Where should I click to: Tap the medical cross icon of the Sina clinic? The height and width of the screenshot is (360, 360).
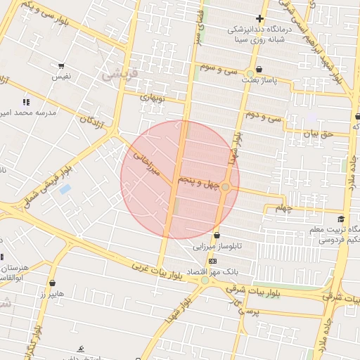pyautogui.click(x=260, y=18)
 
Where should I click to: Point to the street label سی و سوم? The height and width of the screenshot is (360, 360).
pyautogui.click(x=219, y=70)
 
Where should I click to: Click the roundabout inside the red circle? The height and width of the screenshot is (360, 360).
pyautogui.click(x=225, y=187)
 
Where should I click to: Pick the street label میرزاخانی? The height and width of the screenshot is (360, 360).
pyautogui.click(x=148, y=161)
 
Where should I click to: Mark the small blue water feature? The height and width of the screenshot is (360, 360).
pyautogui.click(x=65, y=189)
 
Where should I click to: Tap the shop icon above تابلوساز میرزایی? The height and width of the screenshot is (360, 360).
pyautogui.click(x=216, y=236)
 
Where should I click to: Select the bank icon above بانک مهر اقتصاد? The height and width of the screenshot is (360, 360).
pyautogui.click(x=213, y=261)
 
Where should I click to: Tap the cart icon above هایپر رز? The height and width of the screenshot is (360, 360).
pyautogui.click(x=51, y=282)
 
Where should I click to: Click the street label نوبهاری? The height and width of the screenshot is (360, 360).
pyautogui.click(x=152, y=98)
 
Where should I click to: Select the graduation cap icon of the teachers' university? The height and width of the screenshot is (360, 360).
pyautogui.click(x=341, y=219)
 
